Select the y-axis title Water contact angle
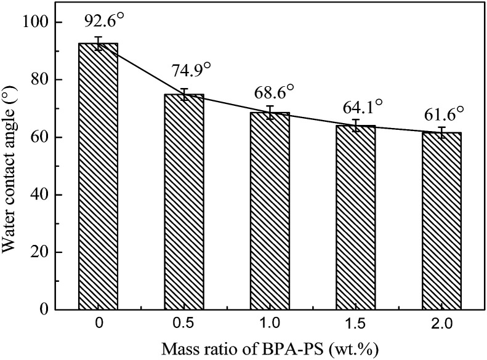11,166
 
